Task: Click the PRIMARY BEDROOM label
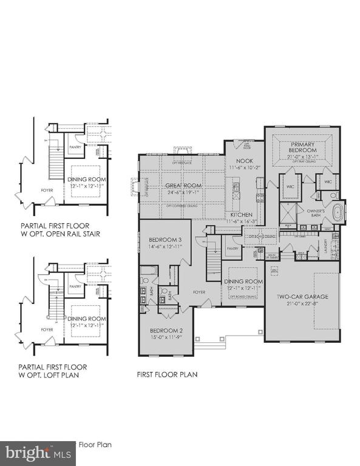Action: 302,146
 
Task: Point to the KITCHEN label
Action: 241,215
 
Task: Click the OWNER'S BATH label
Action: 302,211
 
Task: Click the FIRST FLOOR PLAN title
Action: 167,374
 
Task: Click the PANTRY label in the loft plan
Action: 75,286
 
